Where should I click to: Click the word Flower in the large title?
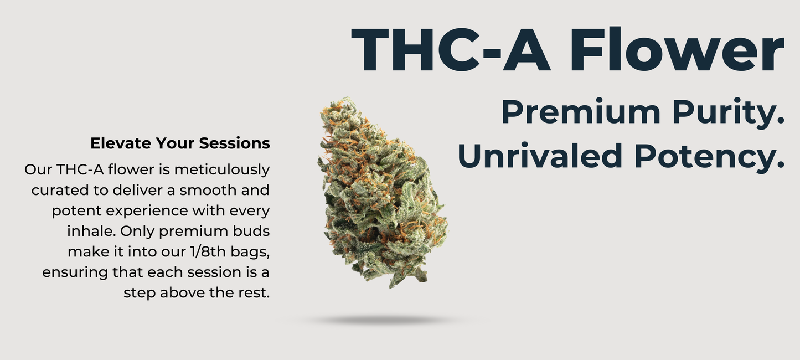(677, 49)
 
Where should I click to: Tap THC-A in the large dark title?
(451, 49)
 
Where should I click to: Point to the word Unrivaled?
(540, 156)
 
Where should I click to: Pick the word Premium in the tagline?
(581, 112)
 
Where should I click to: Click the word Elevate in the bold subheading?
(121, 143)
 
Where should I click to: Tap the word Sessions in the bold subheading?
(235, 143)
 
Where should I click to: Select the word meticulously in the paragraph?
(222, 170)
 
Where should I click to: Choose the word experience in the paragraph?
(147, 212)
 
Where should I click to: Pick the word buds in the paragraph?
(251, 231)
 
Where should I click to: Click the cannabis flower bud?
(382, 193)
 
